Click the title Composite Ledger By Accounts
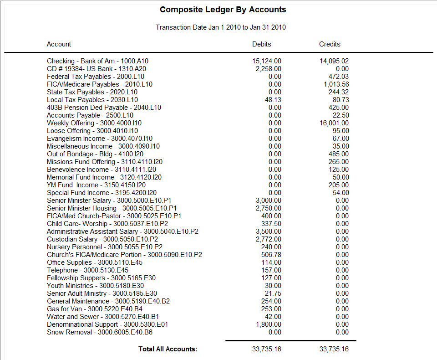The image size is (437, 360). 223,10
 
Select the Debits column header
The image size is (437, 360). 262,44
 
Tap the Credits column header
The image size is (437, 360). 330,44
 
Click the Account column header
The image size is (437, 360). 59,44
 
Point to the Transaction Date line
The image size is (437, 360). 221,27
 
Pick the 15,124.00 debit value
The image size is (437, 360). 267,61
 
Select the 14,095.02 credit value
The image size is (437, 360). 334,61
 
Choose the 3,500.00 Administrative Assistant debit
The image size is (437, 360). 269,231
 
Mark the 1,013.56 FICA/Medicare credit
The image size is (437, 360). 336,84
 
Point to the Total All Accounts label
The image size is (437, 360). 168,349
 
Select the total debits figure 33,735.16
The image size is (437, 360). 267,349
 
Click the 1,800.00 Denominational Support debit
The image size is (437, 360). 269,324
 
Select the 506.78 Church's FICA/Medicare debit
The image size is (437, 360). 272,255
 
